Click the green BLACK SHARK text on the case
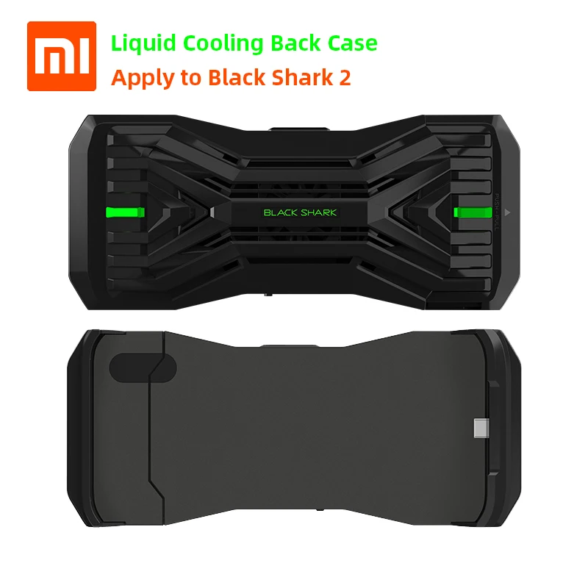pyautogui.click(x=300, y=213)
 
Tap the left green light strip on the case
pyautogui.click(x=126, y=213)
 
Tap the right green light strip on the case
pyautogui.click(x=467, y=213)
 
